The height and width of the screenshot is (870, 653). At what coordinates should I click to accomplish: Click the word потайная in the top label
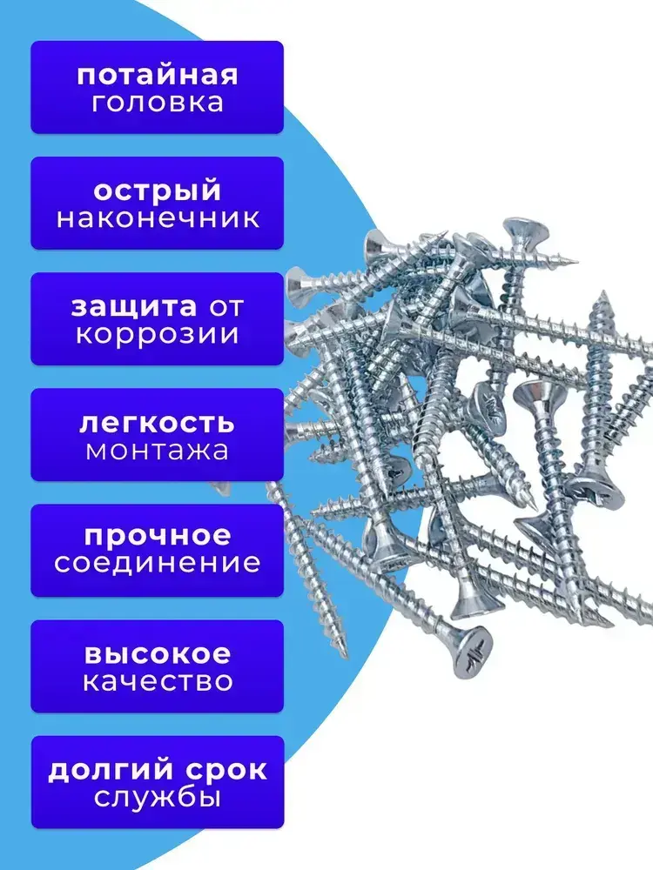[157, 75]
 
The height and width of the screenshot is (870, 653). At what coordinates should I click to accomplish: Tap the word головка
[157, 103]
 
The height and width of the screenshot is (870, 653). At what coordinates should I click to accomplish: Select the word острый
[157, 191]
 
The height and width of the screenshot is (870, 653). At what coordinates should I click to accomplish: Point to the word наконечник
[158, 217]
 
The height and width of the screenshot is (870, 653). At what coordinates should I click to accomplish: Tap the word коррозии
[158, 334]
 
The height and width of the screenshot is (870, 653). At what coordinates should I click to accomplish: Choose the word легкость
[157, 423]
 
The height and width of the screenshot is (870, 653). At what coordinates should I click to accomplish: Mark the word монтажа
[157, 451]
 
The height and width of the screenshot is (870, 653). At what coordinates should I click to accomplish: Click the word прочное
[158, 534]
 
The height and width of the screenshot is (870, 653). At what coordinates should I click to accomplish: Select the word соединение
[158, 563]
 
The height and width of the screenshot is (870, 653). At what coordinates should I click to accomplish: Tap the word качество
[158, 680]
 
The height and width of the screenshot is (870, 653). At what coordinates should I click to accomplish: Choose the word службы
[158, 797]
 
